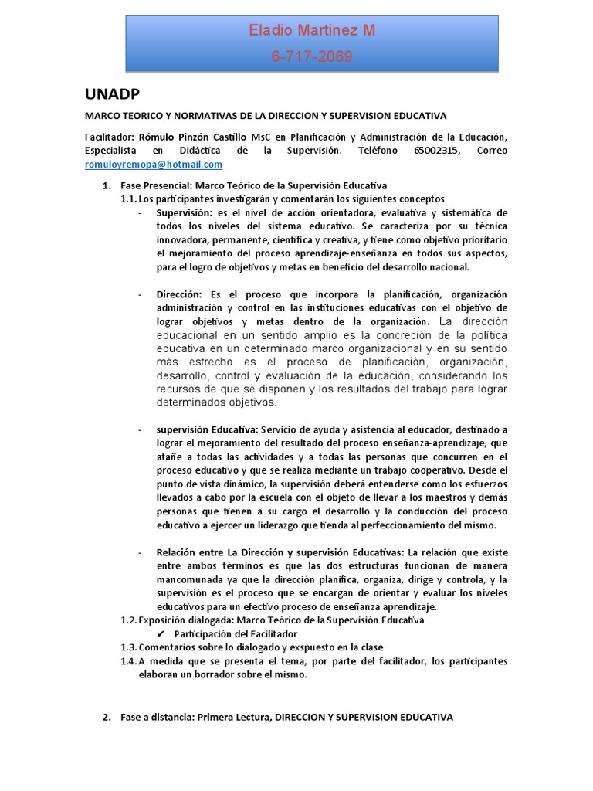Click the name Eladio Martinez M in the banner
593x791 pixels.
pyautogui.click(x=312, y=31)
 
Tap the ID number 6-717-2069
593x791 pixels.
pyautogui.click(x=312, y=56)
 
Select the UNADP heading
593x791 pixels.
pyautogui.click(x=112, y=94)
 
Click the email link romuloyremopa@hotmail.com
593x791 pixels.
pyautogui.click(x=154, y=165)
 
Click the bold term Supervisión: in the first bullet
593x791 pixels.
pyautogui.click(x=184, y=212)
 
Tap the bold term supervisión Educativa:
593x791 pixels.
pyautogui.click(x=207, y=429)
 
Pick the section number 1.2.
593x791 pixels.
pyautogui.click(x=128, y=620)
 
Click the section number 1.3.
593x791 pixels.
pyautogui.click(x=128, y=647)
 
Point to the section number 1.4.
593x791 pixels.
pyautogui.click(x=128, y=661)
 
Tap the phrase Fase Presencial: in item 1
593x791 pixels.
pyautogui.click(x=156, y=185)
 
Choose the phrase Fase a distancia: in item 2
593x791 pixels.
pyautogui.click(x=158, y=717)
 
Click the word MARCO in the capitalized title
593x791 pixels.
pyautogui.click(x=100, y=116)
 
